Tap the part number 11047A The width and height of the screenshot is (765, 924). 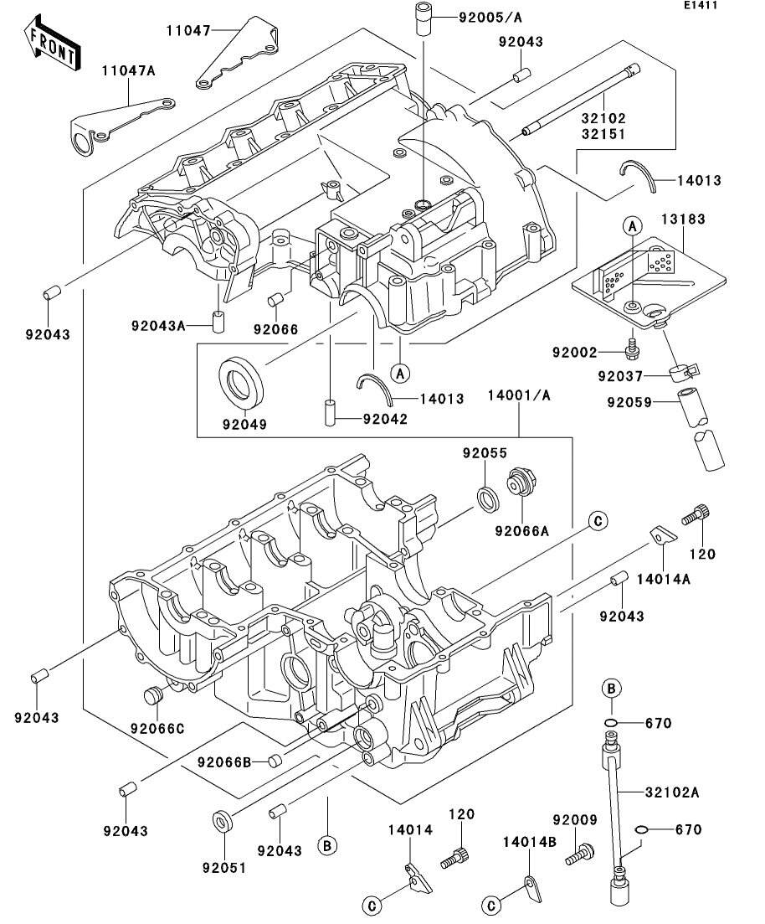129,70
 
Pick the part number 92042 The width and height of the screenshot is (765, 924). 385,419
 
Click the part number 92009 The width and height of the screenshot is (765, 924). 573,821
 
